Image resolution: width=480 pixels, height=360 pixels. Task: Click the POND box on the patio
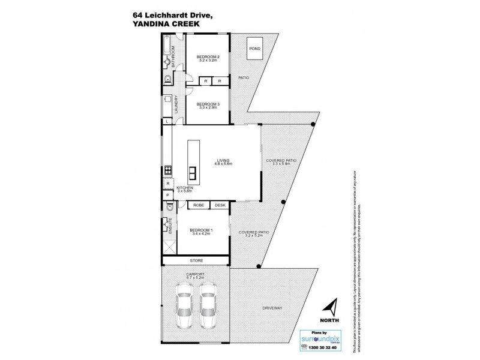click(254, 49)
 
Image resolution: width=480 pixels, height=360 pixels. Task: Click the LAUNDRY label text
click(176, 104)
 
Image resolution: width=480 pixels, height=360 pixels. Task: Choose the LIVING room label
click(223, 161)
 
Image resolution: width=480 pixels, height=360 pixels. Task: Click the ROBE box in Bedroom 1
click(198, 205)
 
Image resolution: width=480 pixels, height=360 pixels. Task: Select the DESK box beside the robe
click(220, 205)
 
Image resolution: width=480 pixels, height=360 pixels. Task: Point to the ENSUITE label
click(172, 227)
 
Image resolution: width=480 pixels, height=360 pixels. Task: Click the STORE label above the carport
click(196, 261)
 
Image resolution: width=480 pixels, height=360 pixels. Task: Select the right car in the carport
click(208, 304)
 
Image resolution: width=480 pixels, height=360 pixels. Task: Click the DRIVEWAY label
click(272, 308)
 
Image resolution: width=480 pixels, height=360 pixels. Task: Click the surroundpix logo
click(325, 339)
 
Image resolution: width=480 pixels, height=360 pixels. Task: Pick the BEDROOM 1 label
click(202, 231)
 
